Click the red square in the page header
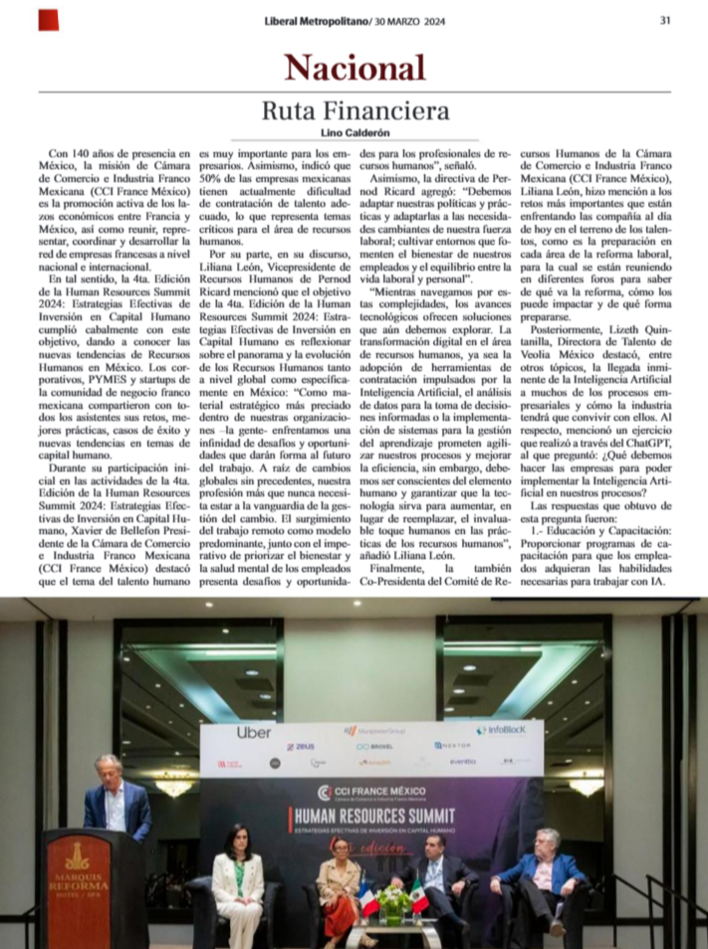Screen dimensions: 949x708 click(x=48, y=20)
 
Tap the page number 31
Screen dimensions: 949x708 click(x=664, y=21)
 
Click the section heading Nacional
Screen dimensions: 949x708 click(x=354, y=68)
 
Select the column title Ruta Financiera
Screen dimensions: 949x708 click(x=354, y=110)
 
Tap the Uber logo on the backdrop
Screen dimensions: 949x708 click(x=254, y=732)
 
